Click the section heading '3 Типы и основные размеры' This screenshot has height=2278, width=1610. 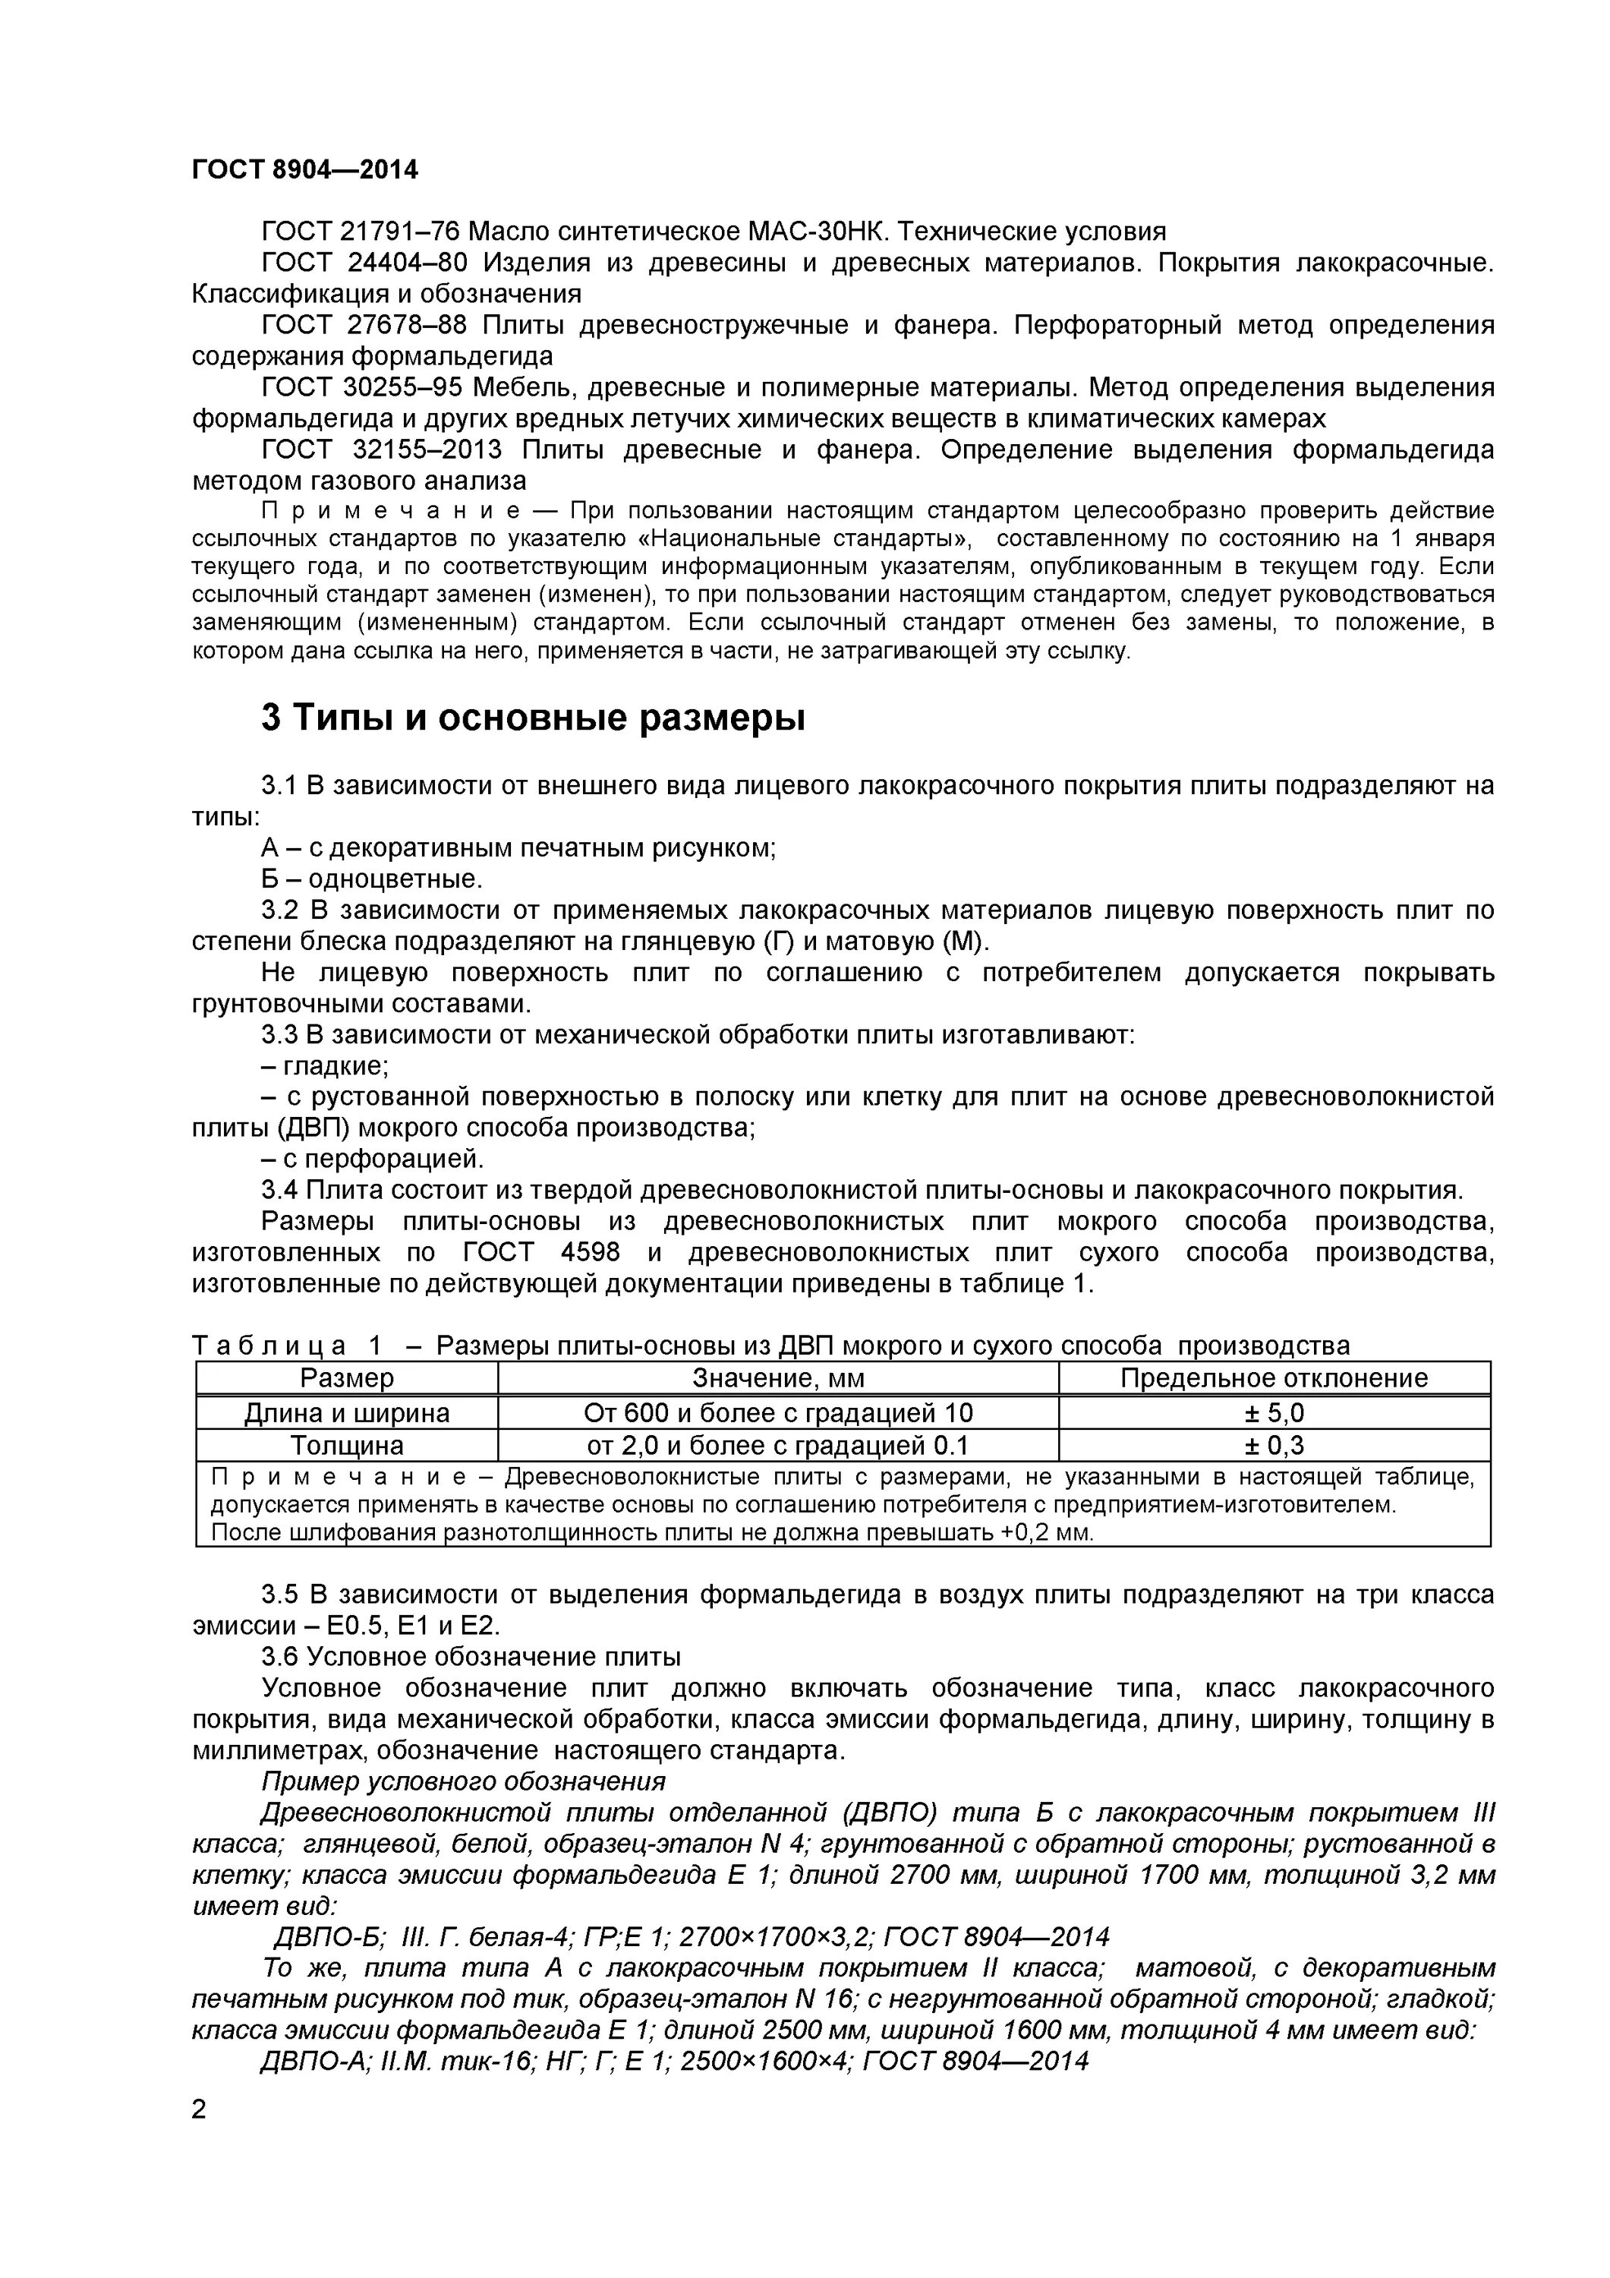(x=533, y=718)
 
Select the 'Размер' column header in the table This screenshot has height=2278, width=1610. (x=346, y=1378)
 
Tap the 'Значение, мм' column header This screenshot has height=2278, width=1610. (x=778, y=1378)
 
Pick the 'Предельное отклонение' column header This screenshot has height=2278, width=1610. (x=1274, y=1378)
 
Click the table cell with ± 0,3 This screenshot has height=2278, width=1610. (x=1274, y=1444)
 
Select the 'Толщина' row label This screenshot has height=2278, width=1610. (x=346, y=1444)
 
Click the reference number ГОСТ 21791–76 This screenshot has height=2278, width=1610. (x=360, y=232)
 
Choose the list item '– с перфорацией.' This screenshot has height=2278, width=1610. (x=372, y=1159)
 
